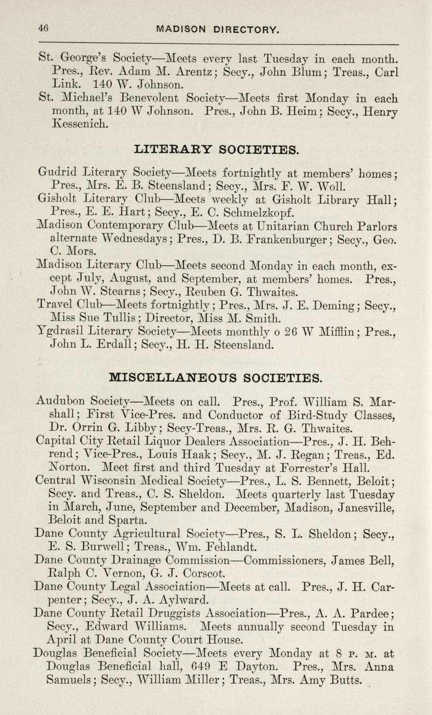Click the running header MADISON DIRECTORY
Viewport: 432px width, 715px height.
(218, 30)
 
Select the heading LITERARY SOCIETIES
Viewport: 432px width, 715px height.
(217, 150)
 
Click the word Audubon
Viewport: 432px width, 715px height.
(61, 401)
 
